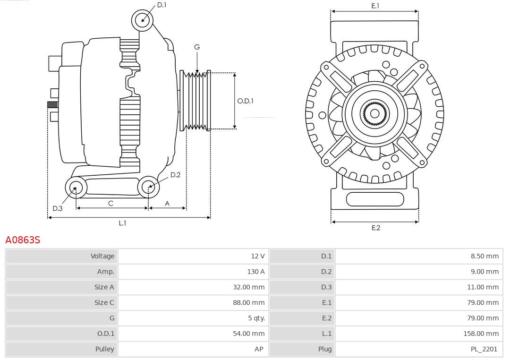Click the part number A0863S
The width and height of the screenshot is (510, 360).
[x=23, y=240]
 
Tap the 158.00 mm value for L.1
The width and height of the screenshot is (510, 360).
[x=480, y=334]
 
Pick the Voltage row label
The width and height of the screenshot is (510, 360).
[x=102, y=256]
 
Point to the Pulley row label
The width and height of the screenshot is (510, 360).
[x=104, y=349]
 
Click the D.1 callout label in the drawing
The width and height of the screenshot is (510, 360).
[x=161, y=5]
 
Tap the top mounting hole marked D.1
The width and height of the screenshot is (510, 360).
[x=142, y=20]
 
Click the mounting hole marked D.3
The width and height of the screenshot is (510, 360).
[x=75, y=188]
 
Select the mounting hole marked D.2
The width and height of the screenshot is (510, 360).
[x=148, y=187]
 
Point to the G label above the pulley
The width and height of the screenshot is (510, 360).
[x=197, y=47]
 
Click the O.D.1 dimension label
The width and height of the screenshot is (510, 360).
[x=245, y=101]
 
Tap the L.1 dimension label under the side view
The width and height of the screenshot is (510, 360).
[x=122, y=223]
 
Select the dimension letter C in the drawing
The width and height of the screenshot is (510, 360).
[x=110, y=203]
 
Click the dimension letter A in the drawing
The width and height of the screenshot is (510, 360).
[x=167, y=203]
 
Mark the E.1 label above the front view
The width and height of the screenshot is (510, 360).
[x=375, y=6]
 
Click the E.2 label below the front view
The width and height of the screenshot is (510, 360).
[x=375, y=228]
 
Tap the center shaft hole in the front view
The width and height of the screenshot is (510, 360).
[x=374, y=113]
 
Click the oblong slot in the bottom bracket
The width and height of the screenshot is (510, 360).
[x=374, y=199]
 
